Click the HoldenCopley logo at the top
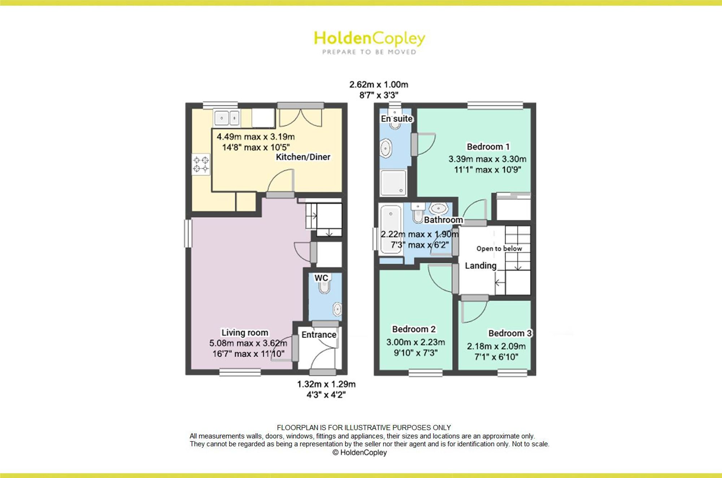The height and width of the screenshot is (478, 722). (369, 43)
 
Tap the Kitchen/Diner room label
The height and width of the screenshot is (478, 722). (303, 157)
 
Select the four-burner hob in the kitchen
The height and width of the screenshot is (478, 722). (201, 164)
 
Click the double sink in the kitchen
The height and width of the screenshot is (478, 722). (227, 118)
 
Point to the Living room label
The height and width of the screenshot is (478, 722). (245, 333)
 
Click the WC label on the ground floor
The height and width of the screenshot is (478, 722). (321, 278)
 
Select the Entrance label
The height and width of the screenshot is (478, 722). (319, 335)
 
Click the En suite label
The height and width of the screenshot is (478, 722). (397, 119)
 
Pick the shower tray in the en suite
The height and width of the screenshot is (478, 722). (393, 183)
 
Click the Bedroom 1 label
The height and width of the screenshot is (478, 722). (488, 147)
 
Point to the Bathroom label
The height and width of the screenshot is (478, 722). (443, 220)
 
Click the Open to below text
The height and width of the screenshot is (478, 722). (499, 248)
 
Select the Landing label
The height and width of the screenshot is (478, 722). (480, 266)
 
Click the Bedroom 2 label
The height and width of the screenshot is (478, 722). (414, 329)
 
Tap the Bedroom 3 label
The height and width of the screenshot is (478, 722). (510, 333)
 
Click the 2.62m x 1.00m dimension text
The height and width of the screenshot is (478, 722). (379, 84)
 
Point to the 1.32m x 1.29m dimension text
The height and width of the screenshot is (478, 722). (326, 384)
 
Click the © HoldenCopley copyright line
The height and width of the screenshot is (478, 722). (360, 452)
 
